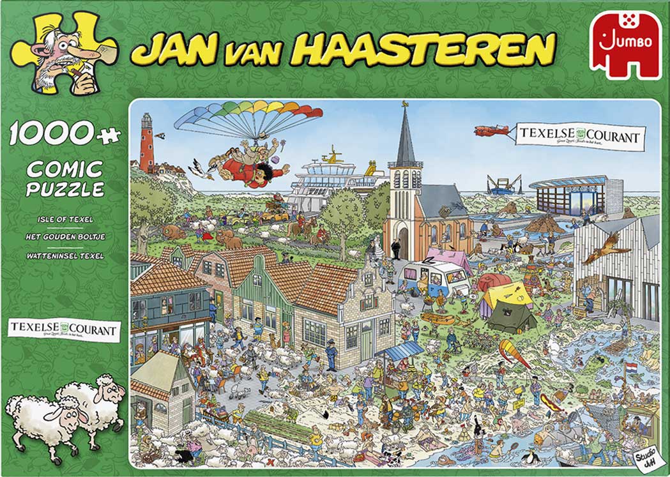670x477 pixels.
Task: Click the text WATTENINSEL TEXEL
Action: pyautogui.click(x=65, y=256)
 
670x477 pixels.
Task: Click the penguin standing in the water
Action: pyautogui.click(x=529, y=457)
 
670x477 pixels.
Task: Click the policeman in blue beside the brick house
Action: pyautogui.click(x=330, y=355)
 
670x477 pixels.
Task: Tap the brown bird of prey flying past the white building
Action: pyautogui.click(x=600, y=246)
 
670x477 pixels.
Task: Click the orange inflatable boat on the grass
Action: pyautogui.click(x=438, y=318)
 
